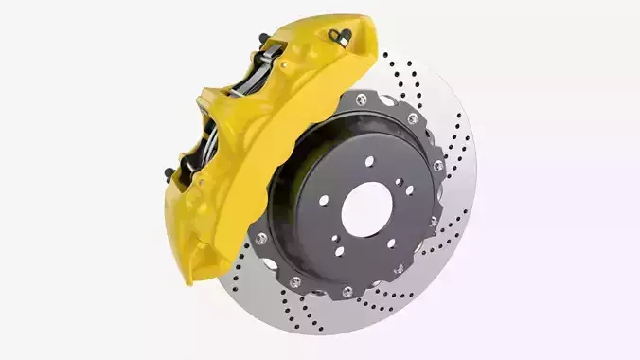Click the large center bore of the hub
(366, 207)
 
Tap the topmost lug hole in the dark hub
(369, 162)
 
